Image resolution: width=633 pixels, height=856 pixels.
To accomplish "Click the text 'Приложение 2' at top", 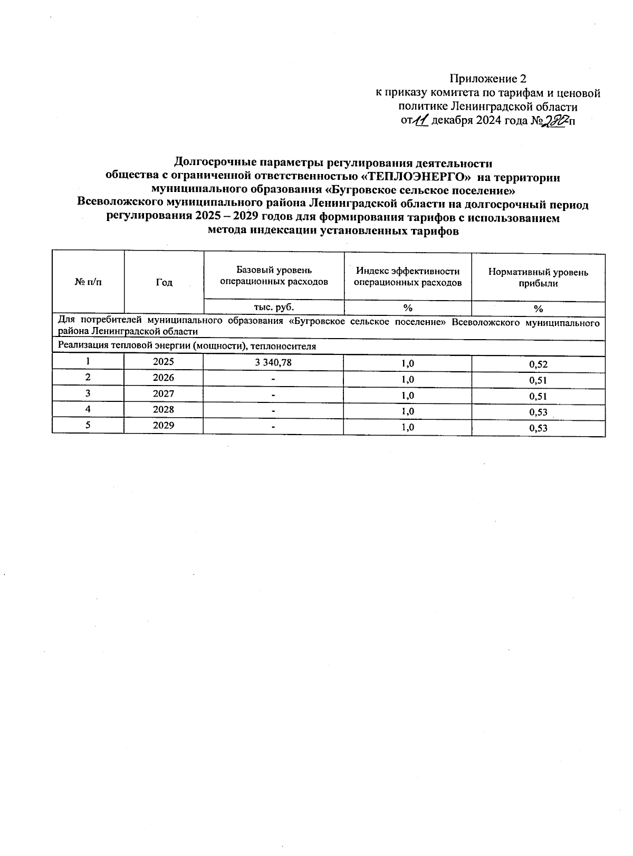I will click(x=487, y=79).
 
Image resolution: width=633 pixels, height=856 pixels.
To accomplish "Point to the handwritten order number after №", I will click(x=557, y=121).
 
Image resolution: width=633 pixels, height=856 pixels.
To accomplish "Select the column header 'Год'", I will click(x=164, y=283).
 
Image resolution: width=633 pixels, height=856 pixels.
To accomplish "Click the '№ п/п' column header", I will click(x=88, y=283).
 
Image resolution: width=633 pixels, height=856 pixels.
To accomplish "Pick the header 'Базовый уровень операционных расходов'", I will click(x=274, y=276).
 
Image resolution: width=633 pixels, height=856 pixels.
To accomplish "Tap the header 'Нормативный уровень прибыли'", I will click(x=538, y=277).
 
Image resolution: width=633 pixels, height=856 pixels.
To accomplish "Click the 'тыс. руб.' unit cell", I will click(x=274, y=307).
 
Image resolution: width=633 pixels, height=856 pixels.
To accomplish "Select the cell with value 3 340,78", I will click(x=273, y=362).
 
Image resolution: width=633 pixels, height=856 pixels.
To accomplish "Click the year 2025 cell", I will click(x=164, y=362).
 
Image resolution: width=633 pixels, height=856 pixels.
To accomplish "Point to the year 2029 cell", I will click(x=164, y=425).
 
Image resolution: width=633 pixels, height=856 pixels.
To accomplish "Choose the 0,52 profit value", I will click(x=538, y=364).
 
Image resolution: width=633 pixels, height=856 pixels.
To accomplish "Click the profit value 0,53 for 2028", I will click(x=538, y=412).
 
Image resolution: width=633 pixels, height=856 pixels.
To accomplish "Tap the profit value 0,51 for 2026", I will click(x=538, y=380).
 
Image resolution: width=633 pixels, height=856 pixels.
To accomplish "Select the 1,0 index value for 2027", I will click(x=407, y=395).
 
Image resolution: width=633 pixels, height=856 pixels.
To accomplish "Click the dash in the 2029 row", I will click(x=273, y=426).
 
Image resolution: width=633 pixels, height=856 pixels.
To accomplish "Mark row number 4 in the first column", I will click(x=88, y=409).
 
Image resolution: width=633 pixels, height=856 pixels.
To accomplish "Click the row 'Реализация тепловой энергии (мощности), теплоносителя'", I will click(x=187, y=347).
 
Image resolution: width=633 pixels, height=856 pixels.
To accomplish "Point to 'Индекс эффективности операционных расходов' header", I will click(x=407, y=276).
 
